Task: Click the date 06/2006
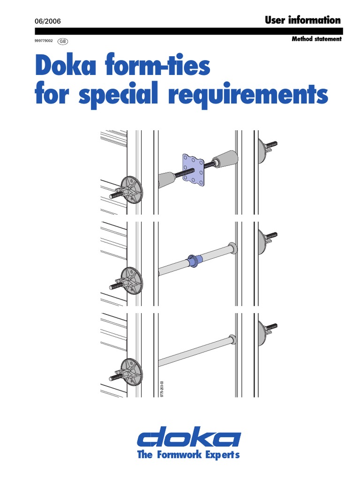pyautogui.click(x=48, y=22)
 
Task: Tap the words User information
pyautogui.click(x=303, y=20)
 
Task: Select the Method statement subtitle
pyautogui.click(x=316, y=39)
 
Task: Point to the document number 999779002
pyautogui.click(x=44, y=41)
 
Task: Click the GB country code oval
pyautogui.click(x=62, y=41)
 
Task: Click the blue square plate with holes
pyautogui.click(x=193, y=170)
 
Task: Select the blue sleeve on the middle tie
pyautogui.click(x=194, y=261)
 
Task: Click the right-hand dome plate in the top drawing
pyautogui.click(x=262, y=150)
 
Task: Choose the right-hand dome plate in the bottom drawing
pyautogui.click(x=262, y=333)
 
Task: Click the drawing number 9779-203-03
pyautogui.click(x=162, y=389)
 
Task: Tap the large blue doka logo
pyautogui.click(x=188, y=437)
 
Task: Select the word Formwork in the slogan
pyautogui.click(x=180, y=454)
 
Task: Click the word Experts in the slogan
pyautogui.click(x=222, y=455)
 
